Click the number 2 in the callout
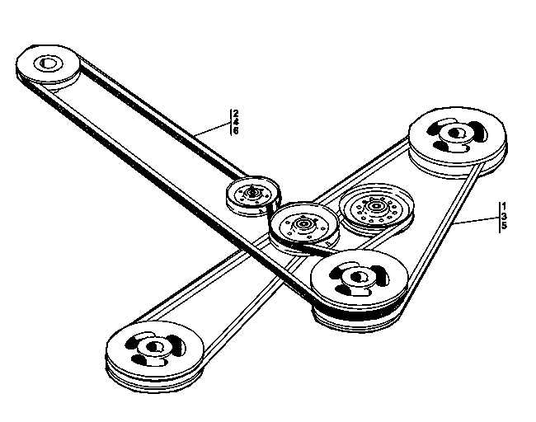[236, 114]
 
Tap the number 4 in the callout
[236, 122]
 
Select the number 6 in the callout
[236, 130]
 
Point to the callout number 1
[504, 207]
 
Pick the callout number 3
[504, 216]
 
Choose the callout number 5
[504, 226]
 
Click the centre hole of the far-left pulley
[46, 63]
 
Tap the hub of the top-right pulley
[455, 133]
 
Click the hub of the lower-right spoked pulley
[356, 276]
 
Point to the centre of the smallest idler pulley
[252, 193]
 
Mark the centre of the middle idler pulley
[303, 224]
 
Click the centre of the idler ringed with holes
[376, 206]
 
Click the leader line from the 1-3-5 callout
[477, 220]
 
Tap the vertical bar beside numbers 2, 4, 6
[231, 122]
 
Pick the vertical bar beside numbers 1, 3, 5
[500, 218]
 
